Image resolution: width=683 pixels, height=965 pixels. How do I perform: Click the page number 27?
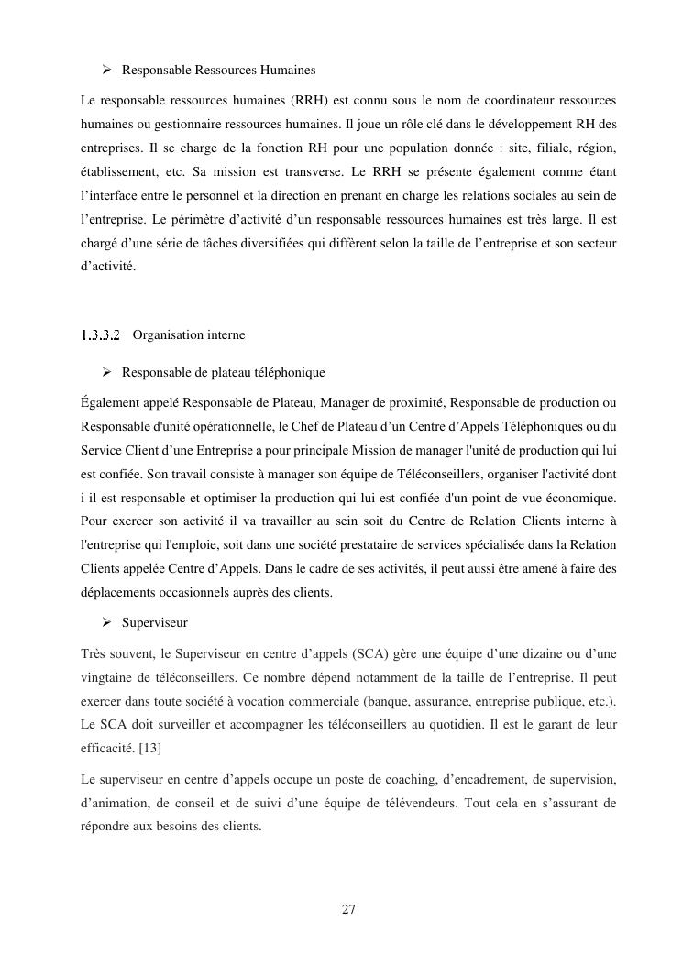coord(348,909)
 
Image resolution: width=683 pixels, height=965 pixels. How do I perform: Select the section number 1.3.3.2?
coord(101,335)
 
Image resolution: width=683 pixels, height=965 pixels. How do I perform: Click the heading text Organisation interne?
coord(189,335)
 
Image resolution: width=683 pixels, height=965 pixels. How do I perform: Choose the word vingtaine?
coord(111,677)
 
